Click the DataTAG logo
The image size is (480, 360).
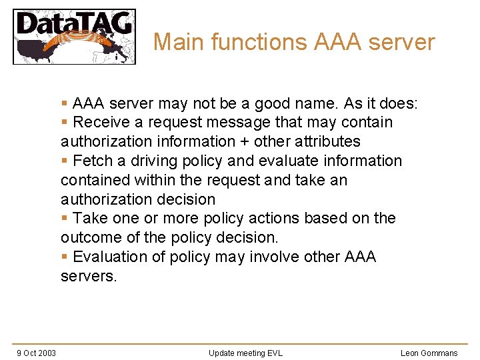pyautogui.click(x=74, y=36)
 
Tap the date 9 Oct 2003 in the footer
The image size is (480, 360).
pyautogui.click(x=36, y=353)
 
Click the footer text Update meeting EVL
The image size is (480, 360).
pyautogui.click(x=245, y=353)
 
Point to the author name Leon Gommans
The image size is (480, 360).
pyautogui.click(x=429, y=353)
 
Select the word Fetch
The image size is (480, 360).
pyautogui.click(x=91, y=161)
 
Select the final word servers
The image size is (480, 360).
pyautogui.click(x=88, y=276)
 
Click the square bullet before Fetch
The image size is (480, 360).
pyautogui.click(x=64, y=161)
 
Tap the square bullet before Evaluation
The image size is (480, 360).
pyautogui.click(x=64, y=257)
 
